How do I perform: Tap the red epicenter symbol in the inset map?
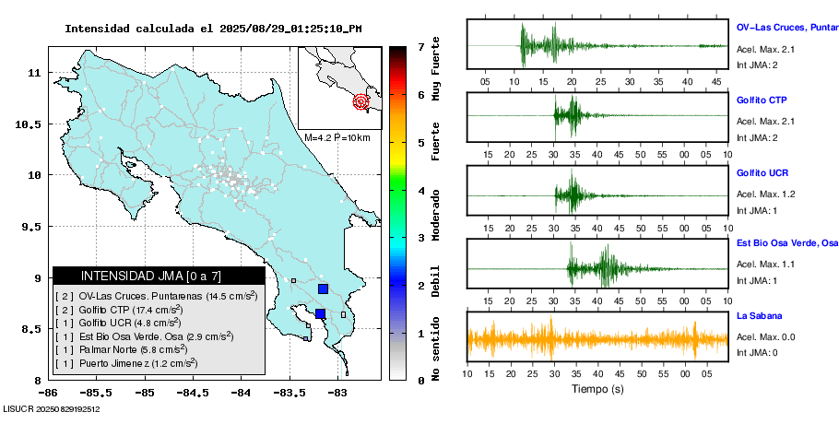(361, 101)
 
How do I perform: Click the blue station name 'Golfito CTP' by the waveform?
(762, 100)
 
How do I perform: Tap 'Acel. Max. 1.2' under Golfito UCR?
(765, 194)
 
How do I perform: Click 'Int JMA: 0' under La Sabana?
(757, 352)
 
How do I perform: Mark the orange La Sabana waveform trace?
(597, 340)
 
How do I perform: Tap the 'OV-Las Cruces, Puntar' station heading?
(786, 28)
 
